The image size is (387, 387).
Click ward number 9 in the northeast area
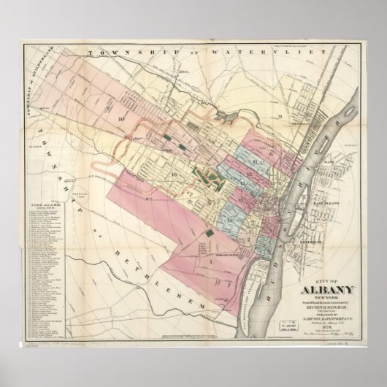278,116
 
